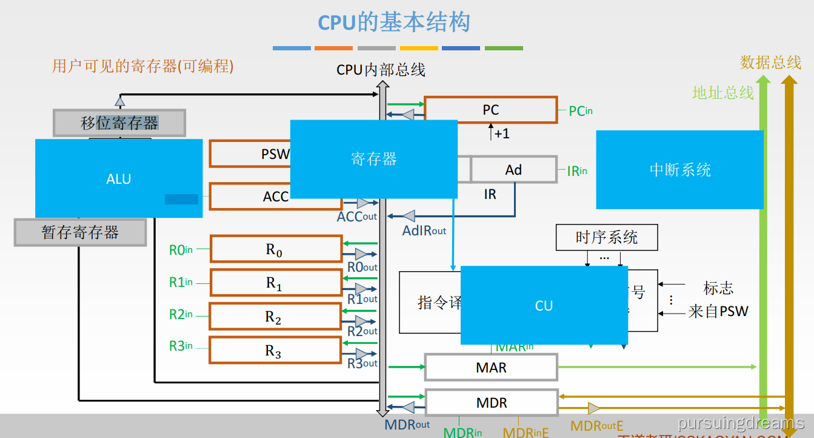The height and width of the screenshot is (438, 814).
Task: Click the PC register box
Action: click(x=490, y=110)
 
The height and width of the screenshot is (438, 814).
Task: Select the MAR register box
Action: click(x=491, y=368)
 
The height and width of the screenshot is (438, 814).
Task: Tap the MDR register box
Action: click(x=492, y=403)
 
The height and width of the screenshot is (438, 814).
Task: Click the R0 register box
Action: click(x=276, y=249)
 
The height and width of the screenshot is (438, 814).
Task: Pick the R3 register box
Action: click(x=275, y=351)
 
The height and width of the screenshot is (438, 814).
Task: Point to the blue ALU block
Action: click(x=119, y=178)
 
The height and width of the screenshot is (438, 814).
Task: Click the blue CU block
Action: click(x=544, y=306)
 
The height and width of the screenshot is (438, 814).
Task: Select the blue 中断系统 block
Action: click(x=679, y=170)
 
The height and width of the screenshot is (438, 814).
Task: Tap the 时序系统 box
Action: click(x=607, y=237)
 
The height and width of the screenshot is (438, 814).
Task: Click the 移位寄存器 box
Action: click(x=119, y=123)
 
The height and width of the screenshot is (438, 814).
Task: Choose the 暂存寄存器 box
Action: click(x=80, y=232)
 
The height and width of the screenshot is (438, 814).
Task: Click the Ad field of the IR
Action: click(x=513, y=170)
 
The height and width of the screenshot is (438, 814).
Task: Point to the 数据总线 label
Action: click(x=770, y=62)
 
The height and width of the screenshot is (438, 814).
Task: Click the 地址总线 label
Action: click(x=723, y=93)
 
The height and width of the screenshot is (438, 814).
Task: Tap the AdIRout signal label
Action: click(x=424, y=231)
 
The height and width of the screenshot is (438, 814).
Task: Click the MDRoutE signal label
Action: click(x=597, y=426)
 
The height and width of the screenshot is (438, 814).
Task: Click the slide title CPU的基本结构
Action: click(x=395, y=23)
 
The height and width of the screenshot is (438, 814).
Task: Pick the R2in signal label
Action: click(x=181, y=314)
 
